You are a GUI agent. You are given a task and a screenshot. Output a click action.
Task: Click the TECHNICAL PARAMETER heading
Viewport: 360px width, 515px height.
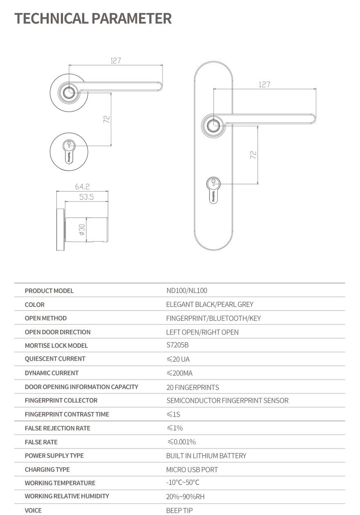pyautogui.click(x=93, y=18)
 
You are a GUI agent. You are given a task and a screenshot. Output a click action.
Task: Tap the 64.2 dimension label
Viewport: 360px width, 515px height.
pyautogui.click(x=82, y=187)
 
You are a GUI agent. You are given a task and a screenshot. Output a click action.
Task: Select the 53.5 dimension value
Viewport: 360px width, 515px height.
pyautogui.click(x=86, y=197)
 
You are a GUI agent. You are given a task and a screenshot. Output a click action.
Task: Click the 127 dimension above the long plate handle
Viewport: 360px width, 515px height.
pyautogui.click(x=264, y=85)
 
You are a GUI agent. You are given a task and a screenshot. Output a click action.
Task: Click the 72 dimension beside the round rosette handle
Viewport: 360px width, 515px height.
pyautogui.click(x=106, y=119)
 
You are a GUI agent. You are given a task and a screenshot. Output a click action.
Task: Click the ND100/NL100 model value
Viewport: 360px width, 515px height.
pyautogui.click(x=187, y=291)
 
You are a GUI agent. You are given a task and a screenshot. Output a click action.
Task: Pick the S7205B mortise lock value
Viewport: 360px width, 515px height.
pyautogui.click(x=178, y=345)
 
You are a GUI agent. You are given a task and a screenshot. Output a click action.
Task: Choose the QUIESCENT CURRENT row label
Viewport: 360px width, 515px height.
pyautogui.click(x=55, y=359)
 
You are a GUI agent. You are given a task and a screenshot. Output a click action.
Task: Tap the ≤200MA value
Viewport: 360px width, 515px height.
pyautogui.click(x=179, y=373)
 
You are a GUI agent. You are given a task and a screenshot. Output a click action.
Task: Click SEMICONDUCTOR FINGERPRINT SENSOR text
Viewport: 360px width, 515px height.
pyautogui.click(x=227, y=400)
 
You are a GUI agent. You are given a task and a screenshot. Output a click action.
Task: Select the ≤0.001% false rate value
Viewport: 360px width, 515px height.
pyautogui.click(x=181, y=442)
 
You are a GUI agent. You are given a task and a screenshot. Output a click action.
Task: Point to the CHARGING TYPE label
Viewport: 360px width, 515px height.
pyautogui.click(x=47, y=469)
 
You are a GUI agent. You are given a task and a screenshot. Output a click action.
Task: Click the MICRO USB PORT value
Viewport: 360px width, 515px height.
pyautogui.click(x=192, y=470)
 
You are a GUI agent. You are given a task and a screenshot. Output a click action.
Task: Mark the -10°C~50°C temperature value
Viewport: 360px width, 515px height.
pyautogui.click(x=183, y=483)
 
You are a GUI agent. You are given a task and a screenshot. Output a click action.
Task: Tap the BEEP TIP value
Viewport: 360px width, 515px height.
pyautogui.click(x=179, y=510)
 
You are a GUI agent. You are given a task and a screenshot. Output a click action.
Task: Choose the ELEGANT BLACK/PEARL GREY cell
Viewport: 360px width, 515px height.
pyautogui.click(x=209, y=304)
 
